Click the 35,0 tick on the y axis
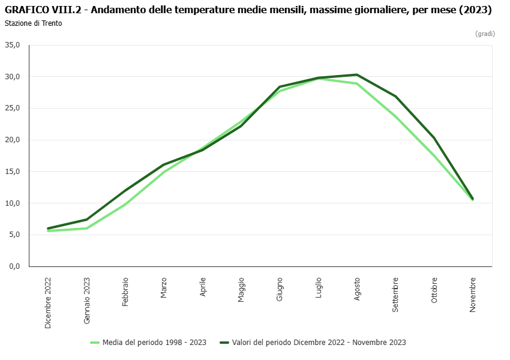(x=12, y=45)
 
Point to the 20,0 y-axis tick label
(x=12, y=140)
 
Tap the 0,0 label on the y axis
(x=14, y=266)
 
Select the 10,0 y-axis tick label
(x=12, y=203)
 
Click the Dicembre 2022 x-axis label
(x=48, y=302)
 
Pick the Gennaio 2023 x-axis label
(x=87, y=301)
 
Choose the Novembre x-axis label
(x=473, y=294)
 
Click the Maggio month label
(x=241, y=290)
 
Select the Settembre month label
(x=395, y=294)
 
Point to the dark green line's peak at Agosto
(x=357, y=74)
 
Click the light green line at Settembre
(x=395, y=116)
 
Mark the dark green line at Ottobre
(x=434, y=138)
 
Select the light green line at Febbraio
(x=125, y=204)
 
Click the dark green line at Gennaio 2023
(x=87, y=220)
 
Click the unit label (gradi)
(x=485, y=34)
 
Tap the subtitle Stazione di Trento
(x=33, y=23)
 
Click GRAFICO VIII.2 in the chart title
(x=43, y=10)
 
